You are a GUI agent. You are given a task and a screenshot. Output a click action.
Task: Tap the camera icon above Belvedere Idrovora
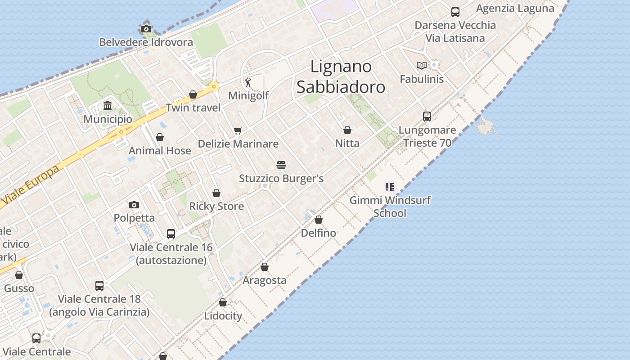146,29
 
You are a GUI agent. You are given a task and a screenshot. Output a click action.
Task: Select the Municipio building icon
108,106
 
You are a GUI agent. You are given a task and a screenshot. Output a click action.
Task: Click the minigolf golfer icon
248,82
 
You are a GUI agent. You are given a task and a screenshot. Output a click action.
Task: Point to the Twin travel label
193,108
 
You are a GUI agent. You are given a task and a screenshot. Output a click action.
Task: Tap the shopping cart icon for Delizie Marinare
238,131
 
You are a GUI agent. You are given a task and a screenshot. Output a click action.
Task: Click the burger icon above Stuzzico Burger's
281,165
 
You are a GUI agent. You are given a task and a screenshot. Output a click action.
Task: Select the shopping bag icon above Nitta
347,130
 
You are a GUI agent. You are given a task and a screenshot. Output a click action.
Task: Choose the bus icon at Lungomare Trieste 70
427,117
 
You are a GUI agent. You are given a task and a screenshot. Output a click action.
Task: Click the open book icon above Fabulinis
422,66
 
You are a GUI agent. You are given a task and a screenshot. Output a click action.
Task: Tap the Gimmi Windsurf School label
390,207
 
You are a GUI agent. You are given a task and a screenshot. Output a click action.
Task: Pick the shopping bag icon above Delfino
319,220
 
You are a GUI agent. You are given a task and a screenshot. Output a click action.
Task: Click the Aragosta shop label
265,280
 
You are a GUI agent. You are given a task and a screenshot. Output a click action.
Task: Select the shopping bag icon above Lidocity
223,302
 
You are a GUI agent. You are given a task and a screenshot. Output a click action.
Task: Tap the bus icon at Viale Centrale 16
171,234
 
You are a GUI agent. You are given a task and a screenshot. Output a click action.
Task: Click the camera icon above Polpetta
134,205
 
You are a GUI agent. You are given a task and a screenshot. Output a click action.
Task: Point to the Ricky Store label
216,207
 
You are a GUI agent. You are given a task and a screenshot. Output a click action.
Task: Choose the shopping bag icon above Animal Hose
160,137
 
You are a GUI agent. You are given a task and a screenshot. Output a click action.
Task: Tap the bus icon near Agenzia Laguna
455,12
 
